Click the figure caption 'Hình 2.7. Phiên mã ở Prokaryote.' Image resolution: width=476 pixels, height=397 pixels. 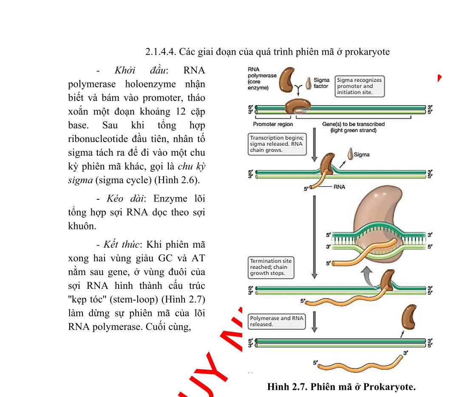(341, 387)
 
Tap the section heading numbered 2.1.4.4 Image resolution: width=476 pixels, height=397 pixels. (267, 52)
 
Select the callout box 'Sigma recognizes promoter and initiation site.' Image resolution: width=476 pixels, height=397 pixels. (359, 86)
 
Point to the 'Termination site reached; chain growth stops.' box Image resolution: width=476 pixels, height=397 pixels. (270, 267)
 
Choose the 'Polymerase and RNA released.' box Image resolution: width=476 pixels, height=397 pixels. (276, 321)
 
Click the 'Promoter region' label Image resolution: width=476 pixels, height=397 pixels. (272, 124)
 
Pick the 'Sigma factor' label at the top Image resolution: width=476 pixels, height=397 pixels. (321, 83)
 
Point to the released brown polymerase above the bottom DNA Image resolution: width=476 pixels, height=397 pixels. (408, 318)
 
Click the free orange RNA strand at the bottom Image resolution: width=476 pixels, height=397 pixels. (359, 364)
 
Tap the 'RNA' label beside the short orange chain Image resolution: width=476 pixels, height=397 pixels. (340, 187)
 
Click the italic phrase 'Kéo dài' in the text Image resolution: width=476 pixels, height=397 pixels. (126, 198)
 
